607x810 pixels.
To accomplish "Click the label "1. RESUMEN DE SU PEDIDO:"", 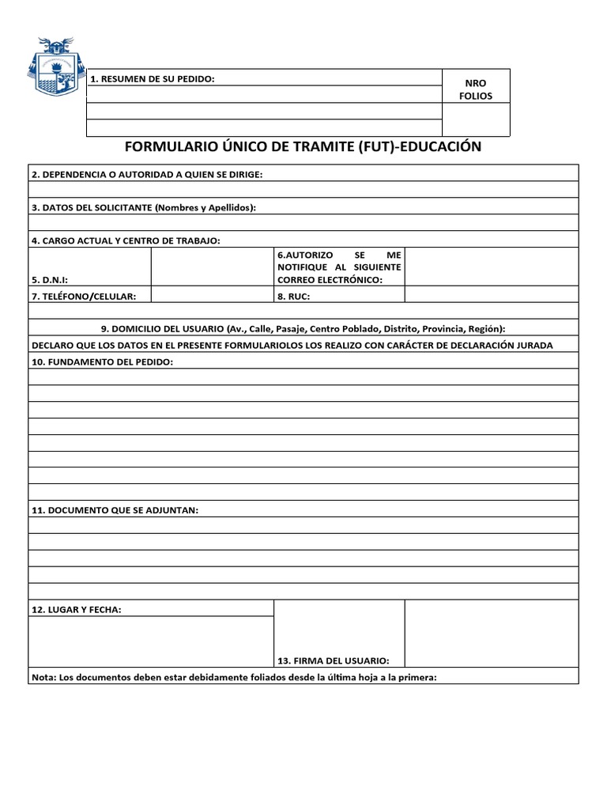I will pos(153,78).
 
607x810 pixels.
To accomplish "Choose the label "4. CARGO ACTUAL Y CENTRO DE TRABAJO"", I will pos(126,240).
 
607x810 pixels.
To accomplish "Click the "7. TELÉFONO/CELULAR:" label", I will pos(84,296).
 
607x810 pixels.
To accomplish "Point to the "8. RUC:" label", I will pos(294,296).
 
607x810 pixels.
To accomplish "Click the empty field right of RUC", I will pos(491,295).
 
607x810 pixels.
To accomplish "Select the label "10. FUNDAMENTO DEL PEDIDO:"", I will pos(101,361).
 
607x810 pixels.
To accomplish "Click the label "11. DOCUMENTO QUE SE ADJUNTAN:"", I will pos(115,510).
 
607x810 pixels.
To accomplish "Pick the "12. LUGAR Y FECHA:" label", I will pos(76,609).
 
